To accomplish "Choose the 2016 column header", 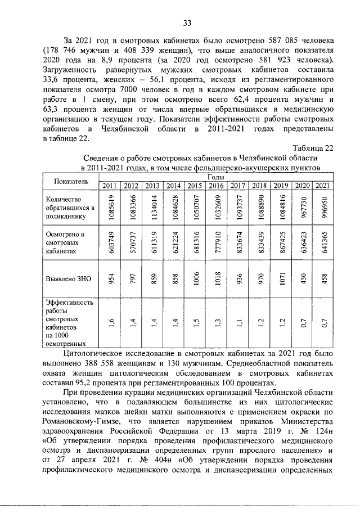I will point(216,186).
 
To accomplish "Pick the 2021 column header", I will point(322,186).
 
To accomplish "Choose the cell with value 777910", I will point(216,242).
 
